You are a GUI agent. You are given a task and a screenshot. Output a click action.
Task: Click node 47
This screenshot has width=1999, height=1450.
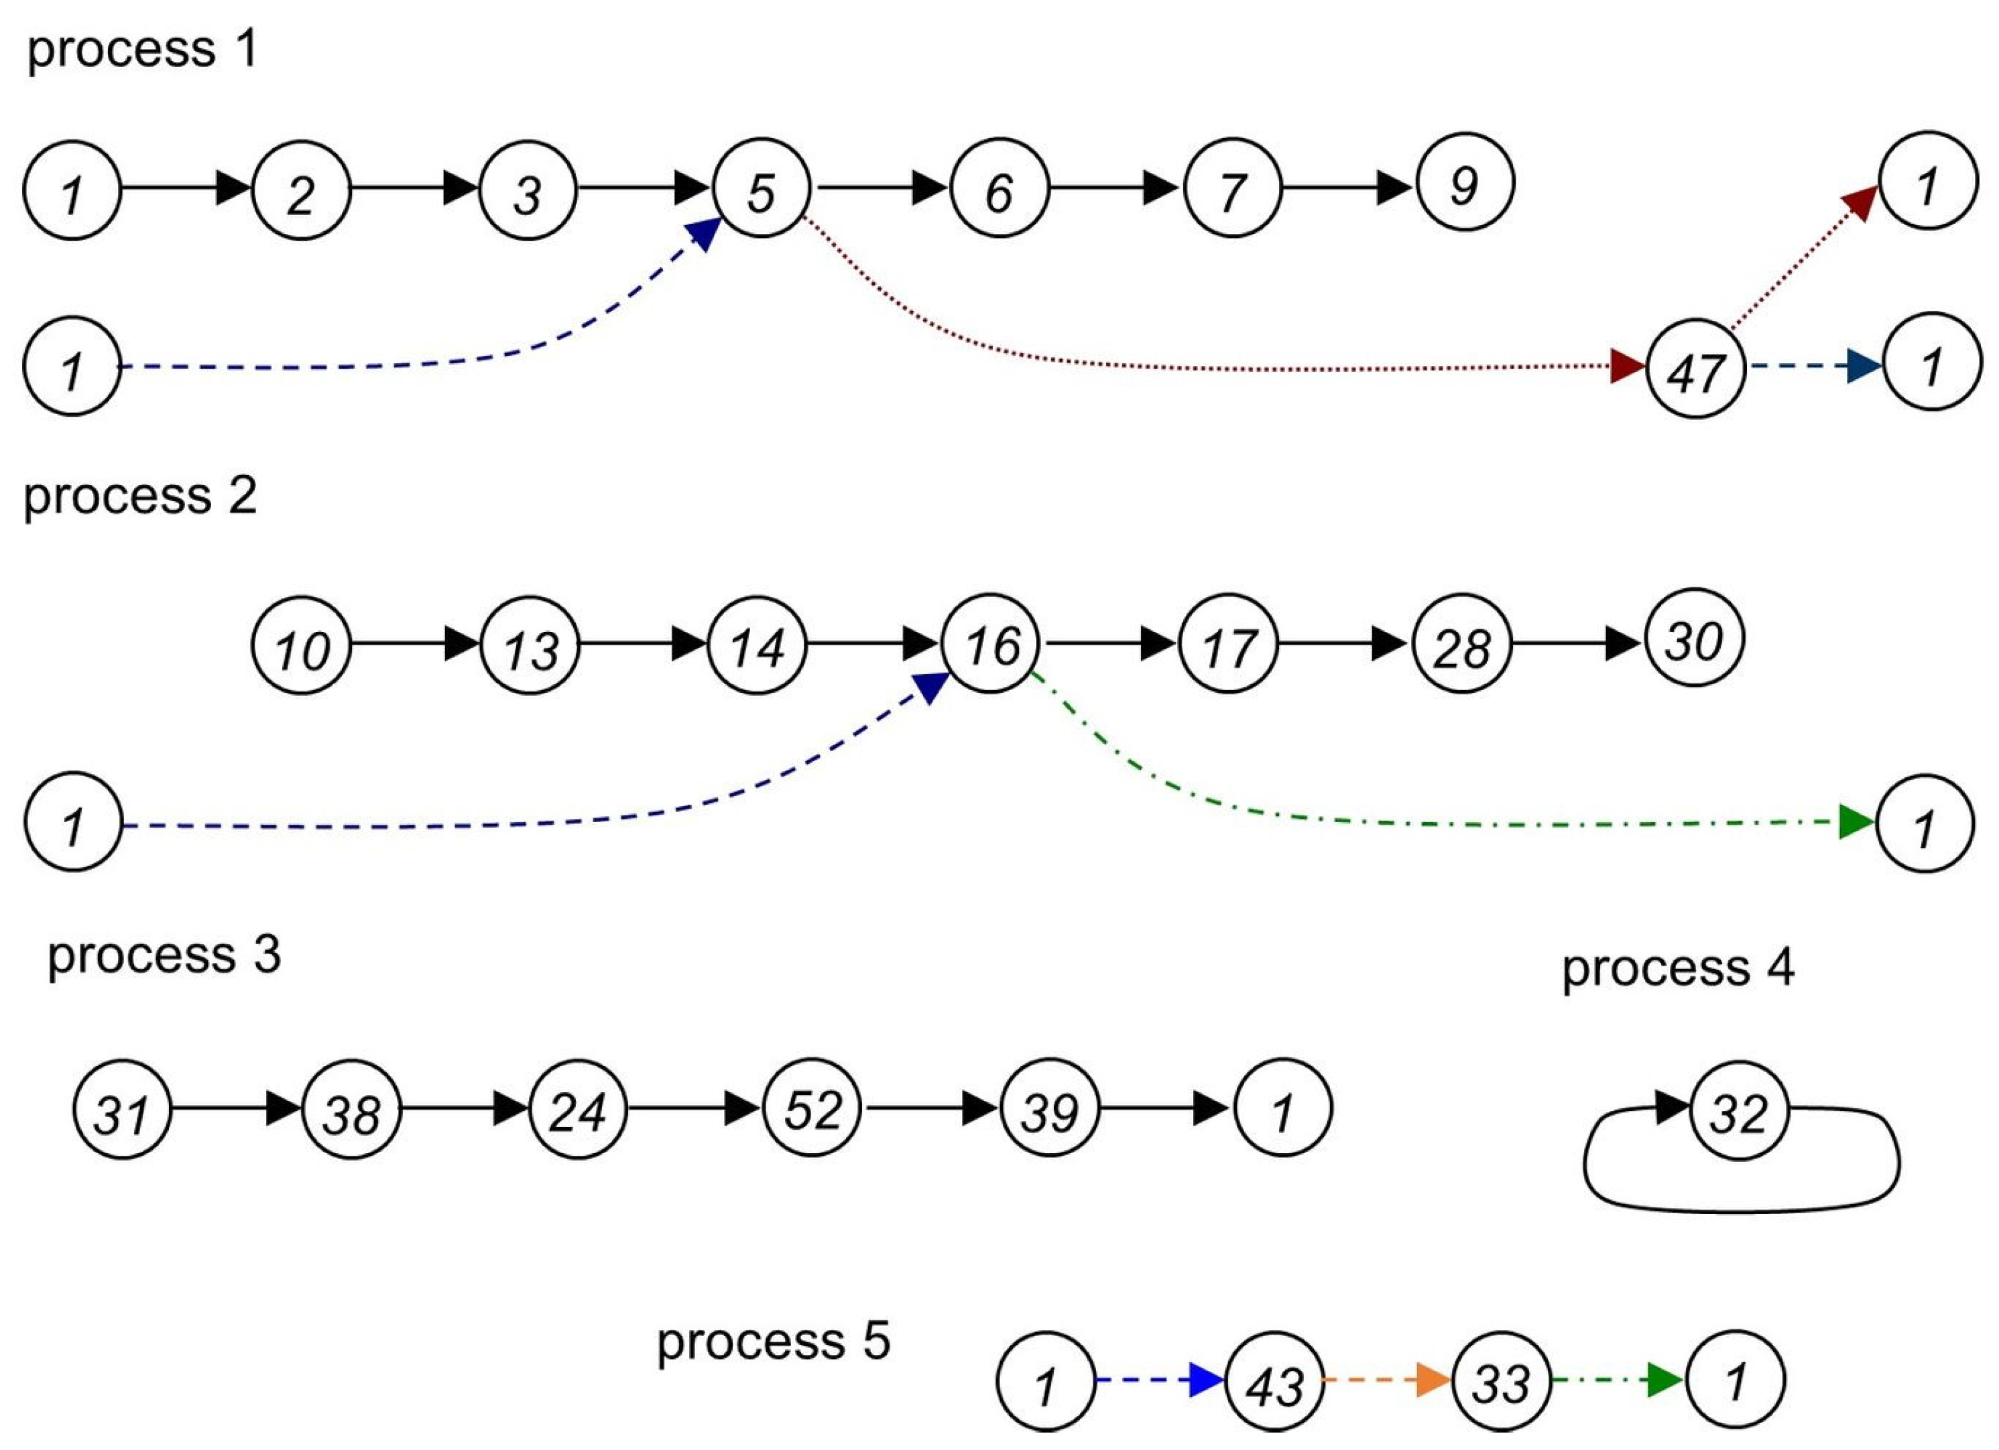[1696, 369]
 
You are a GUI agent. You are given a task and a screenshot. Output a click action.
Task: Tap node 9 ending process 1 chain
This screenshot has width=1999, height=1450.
[1465, 182]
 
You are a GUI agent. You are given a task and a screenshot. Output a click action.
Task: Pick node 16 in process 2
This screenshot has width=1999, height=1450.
[991, 644]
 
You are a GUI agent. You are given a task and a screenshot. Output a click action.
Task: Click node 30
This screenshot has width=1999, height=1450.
[1694, 639]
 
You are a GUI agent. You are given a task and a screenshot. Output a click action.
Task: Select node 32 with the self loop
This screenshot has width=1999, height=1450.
[1738, 1111]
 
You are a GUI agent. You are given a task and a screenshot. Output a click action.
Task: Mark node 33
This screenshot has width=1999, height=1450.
[1501, 1380]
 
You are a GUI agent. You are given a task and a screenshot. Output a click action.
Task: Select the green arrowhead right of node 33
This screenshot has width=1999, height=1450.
[1665, 1380]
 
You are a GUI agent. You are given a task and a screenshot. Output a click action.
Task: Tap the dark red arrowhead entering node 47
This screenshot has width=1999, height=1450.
[1626, 366]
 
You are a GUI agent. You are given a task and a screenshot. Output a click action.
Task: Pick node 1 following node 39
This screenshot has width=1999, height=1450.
[1282, 1108]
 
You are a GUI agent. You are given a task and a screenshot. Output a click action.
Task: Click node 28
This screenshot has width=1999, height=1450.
[1461, 646]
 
